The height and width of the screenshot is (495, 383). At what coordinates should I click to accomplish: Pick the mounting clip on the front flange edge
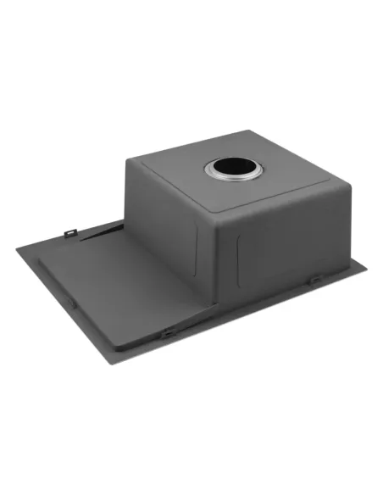tap(169, 333)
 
